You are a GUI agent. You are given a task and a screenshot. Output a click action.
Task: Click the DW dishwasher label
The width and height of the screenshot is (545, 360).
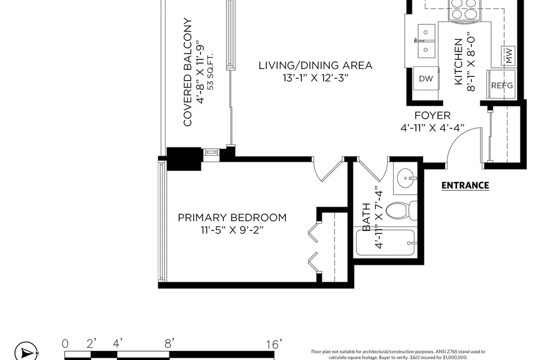click(426, 79)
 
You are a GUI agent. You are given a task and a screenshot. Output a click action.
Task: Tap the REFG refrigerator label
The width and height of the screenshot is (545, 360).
click(501, 85)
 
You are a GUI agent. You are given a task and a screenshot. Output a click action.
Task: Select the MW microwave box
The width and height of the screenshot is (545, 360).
click(508, 55)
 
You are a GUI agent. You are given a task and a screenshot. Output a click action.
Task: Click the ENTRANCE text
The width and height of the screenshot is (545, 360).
click(465, 185)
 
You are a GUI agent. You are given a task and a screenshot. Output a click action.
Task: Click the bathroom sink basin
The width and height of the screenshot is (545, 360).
click(406, 178)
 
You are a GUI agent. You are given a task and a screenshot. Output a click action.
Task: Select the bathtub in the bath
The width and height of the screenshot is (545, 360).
click(385, 243)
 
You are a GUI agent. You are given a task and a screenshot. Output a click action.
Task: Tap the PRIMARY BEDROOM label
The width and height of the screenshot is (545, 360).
click(232, 217)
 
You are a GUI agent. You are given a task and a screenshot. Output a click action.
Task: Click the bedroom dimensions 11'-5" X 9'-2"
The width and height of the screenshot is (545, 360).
click(232, 230)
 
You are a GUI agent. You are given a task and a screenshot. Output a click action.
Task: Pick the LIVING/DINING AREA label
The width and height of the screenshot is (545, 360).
click(316, 65)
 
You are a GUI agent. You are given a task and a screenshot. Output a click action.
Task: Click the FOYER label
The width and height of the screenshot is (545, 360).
click(433, 115)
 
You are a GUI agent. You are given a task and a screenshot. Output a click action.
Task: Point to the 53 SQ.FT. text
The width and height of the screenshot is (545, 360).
click(210, 72)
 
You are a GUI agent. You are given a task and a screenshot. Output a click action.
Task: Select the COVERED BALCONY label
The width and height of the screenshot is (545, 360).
click(188, 72)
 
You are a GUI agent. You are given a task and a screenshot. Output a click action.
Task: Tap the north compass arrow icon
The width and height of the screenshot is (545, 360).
click(26, 352)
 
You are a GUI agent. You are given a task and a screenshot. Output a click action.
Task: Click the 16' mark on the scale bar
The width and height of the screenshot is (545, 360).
click(274, 344)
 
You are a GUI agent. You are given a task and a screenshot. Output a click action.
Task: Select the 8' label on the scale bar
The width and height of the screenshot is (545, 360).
click(169, 344)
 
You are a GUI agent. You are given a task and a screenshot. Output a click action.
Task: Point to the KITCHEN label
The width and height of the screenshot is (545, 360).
click(458, 61)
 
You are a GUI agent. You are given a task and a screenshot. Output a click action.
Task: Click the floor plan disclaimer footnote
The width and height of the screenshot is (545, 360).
click(398, 355)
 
